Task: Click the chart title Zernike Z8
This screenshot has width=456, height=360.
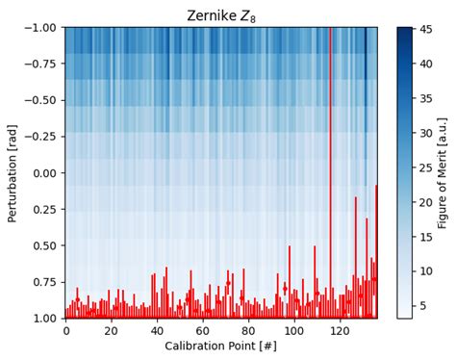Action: click(220, 14)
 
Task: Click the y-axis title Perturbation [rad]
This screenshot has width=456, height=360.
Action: click(13, 172)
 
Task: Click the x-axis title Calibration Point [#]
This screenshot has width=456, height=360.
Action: click(220, 347)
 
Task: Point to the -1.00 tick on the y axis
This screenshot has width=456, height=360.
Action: click(41, 28)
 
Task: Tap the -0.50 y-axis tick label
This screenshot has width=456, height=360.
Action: click(41, 100)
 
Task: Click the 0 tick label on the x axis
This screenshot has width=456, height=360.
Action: click(66, 331)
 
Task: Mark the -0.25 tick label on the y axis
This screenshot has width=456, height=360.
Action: click(41, 137)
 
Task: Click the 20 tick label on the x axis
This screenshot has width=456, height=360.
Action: click(112, 331)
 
